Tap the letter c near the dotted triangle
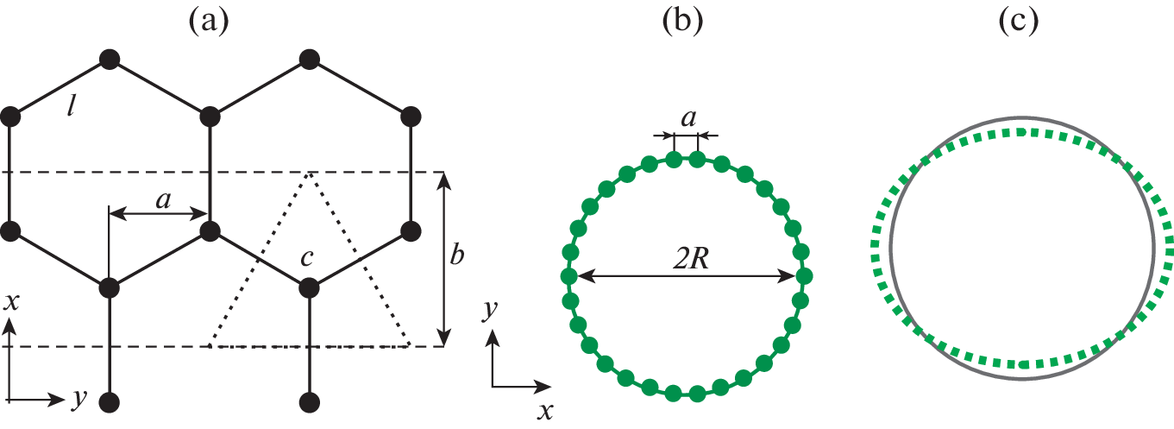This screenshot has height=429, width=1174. pos(306,258)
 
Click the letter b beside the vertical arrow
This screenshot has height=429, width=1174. pos(459,256)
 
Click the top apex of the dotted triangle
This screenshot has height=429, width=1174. pos(309,173)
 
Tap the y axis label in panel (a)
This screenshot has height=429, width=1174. pos(80,398)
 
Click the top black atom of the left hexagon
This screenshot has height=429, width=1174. pos(109,59)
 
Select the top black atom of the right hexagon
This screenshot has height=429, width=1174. pos(309,59)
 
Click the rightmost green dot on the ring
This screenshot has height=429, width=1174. pos(805,277)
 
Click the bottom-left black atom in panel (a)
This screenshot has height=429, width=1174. pos(109,401)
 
